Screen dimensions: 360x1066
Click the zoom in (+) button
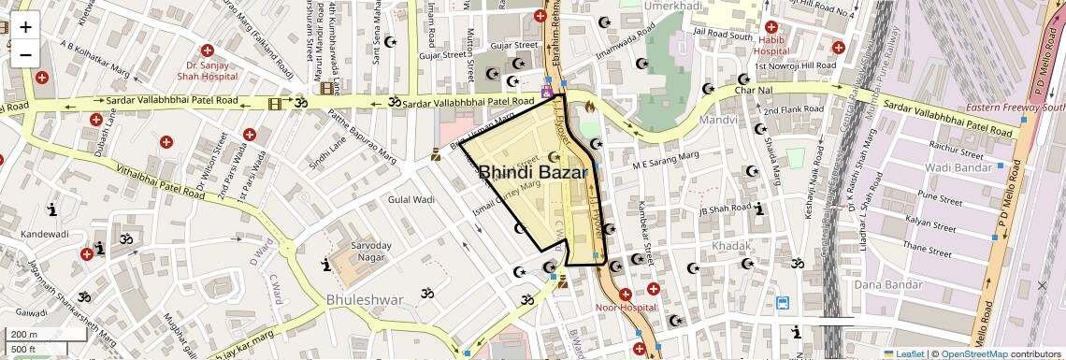[25, 27]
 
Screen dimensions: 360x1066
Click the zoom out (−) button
[25, 54]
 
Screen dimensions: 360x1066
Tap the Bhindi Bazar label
[533, 172]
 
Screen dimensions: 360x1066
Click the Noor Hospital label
[627, 307]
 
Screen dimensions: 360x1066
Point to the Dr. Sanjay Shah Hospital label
[211, 72]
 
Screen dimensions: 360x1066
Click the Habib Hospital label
[771, 46]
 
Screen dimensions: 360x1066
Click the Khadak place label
[731, 245]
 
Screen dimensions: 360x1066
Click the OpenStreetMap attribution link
[973, 354]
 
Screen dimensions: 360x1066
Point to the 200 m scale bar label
[24, 335]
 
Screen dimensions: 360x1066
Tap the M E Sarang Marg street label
[666, 161]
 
